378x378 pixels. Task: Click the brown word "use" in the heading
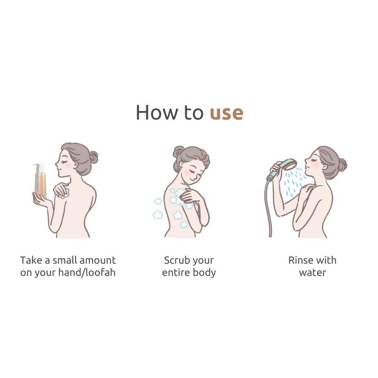pyautogui.click(x=226, y=113)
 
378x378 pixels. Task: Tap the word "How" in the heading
pyautogui.click(x=156, y=112)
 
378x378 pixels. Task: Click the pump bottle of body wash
pyautogui.click(x=40, y=180)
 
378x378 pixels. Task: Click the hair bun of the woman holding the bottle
pyautogui.click(x=94, y=157)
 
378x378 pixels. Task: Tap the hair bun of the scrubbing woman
pyautogui.click(x=178, y=151)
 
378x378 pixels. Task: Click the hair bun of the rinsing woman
pyautogui.click(x=342, y=165)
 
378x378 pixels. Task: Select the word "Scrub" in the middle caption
pyautogui.click(x=174, y=260)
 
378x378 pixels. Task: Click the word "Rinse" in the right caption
pyautogui.click(x=300, y=260)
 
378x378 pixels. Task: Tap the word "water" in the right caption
pyautogui.click(x=312, y=273)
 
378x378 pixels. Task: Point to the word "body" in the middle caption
pyautogui.click(x=205, y=273)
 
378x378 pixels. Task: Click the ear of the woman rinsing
pyautogui.click(x=325, y=167)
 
